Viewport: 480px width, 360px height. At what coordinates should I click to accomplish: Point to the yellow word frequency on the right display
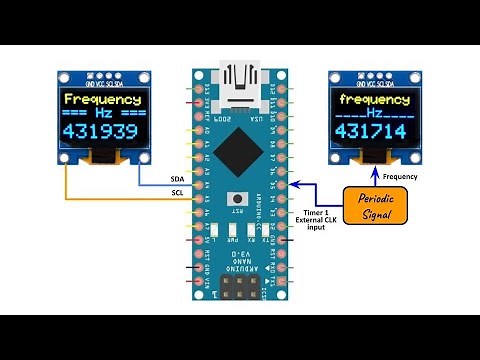[x=375, y=100]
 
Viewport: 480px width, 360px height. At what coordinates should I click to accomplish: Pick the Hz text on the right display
[x=375, y=116]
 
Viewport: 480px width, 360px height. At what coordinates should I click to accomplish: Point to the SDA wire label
[x=177, y=179]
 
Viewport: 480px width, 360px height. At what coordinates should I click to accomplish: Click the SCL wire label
[x=177, y=192]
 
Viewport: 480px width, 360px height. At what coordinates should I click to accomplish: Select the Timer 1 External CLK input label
[x=319, y=220]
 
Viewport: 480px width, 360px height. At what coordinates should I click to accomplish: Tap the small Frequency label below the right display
[x=400, y=177]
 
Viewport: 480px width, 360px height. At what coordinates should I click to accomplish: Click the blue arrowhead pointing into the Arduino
[x=296, y=184]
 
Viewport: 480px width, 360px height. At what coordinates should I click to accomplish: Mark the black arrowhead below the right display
[x=375, y=166]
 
